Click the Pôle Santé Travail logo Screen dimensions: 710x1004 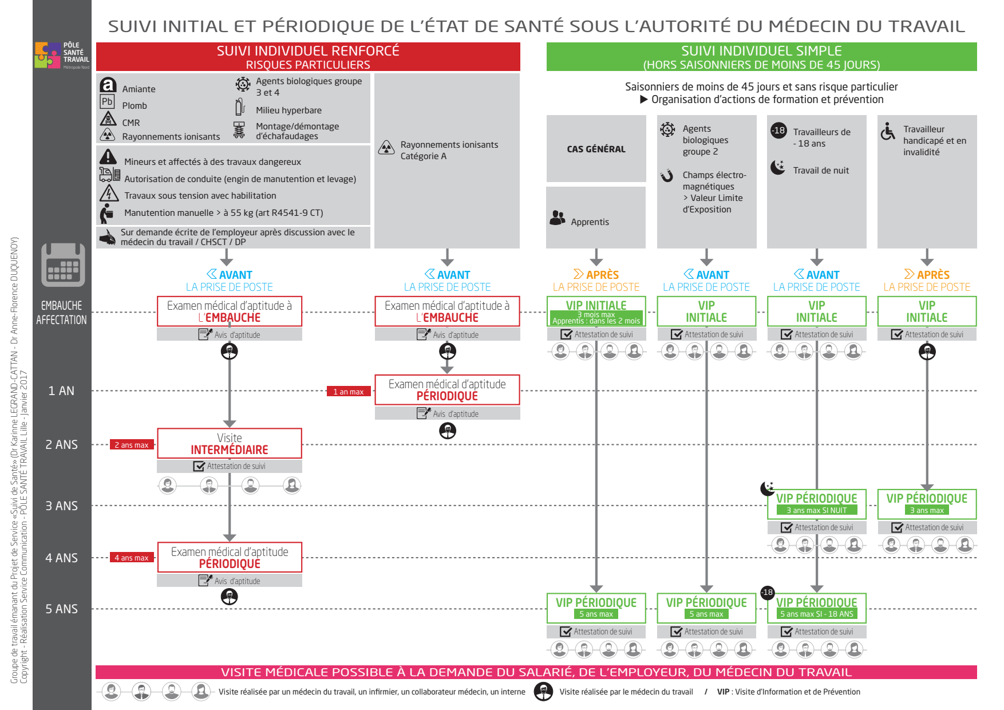point(62,55)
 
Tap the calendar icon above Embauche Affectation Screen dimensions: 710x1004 point(63,265)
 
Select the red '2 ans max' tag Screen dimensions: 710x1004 point(132,445)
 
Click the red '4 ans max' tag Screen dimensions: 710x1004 point(132,558)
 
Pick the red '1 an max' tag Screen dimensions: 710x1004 point(349,392)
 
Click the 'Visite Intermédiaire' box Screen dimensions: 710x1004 point(230,444)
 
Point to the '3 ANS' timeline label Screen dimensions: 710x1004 point(62,506)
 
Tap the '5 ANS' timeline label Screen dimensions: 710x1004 point(62,609)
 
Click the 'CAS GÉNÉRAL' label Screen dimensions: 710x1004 point(596,149)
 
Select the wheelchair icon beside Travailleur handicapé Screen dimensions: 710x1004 point(888,131)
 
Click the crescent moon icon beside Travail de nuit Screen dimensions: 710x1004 point(778,167)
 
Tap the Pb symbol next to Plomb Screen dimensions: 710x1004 point(107,102)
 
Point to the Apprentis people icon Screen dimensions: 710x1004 point(558,218)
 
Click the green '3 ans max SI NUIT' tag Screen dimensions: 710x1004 point(816,510)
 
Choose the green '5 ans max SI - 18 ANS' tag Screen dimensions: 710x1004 point(816,614)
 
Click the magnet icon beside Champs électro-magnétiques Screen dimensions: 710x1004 point(667,175)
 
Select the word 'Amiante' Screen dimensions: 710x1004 point(139,89)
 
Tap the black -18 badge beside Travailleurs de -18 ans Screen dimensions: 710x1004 point(778,130)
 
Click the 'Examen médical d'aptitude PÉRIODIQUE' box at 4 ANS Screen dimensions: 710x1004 point(230,558)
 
